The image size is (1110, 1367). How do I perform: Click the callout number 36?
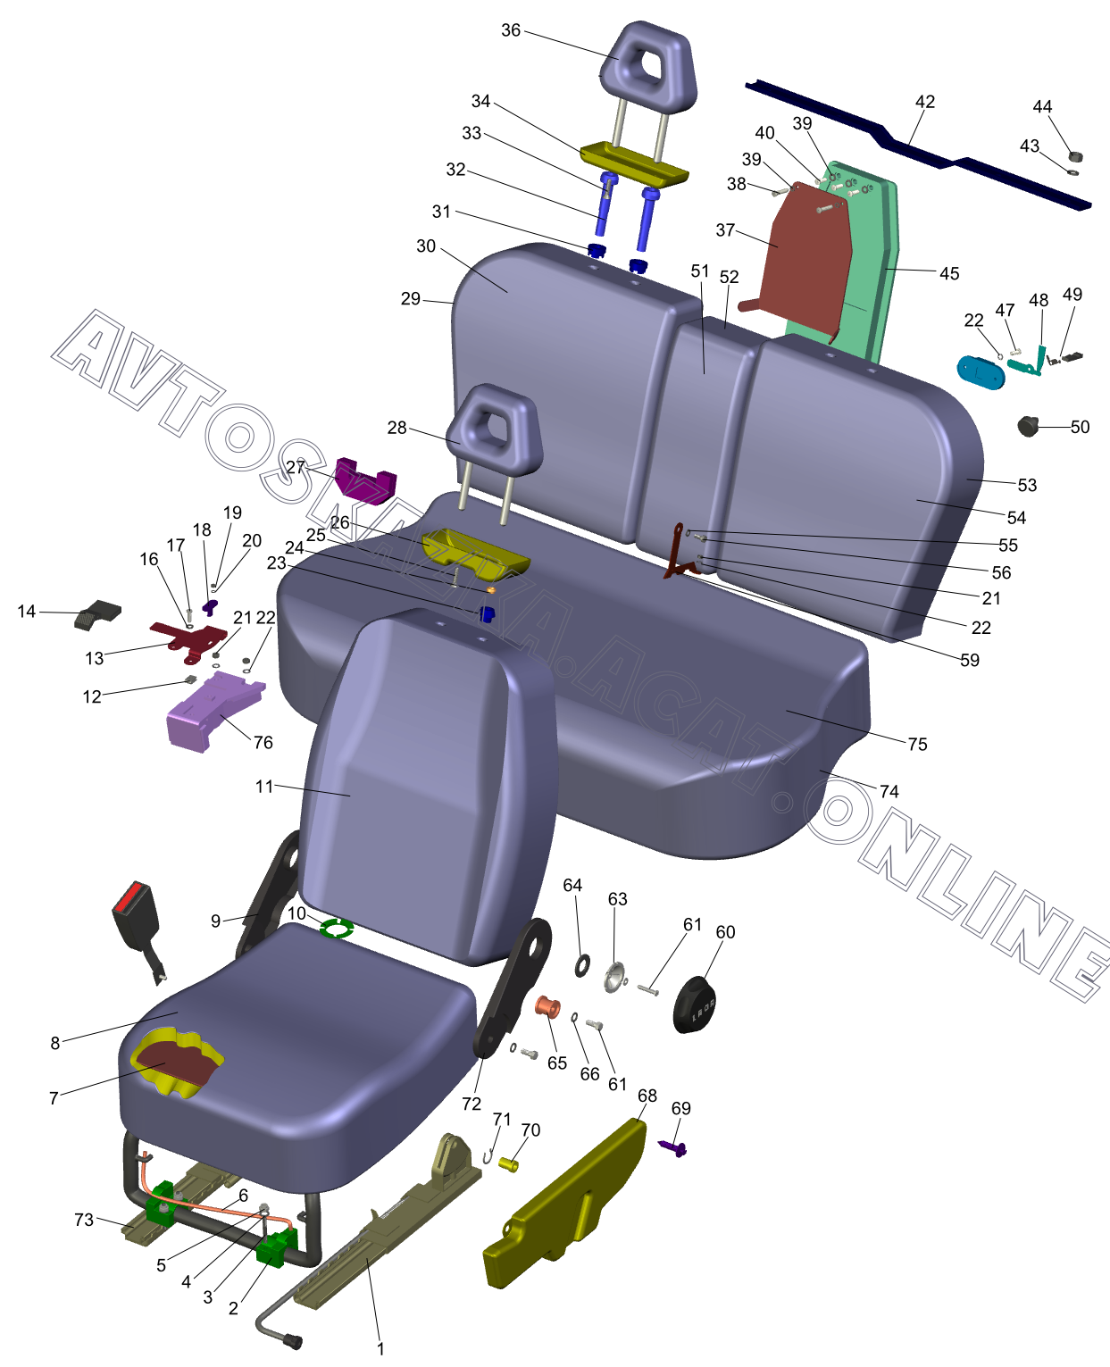click(x=510, y=30)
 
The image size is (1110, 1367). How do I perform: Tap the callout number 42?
click(x=924, y=102)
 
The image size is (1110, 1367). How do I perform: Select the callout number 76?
click(x=263, y=742)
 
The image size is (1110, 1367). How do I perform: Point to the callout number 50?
click(x=1080, y=427)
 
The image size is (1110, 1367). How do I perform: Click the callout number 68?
click(x=647, y=1096)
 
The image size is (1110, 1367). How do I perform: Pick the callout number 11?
click(x=263, y=786)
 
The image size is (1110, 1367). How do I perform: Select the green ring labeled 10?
click(x=337, y=929)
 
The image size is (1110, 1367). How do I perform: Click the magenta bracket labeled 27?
click(x=364, y=481)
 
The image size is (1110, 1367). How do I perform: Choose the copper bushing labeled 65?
click(x=547, y=1007)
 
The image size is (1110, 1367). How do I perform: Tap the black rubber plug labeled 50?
click(x=1030, y=426)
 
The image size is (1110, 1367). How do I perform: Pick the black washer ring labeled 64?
click(x=581, y=964)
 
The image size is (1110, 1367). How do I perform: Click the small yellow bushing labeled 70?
click(x=508, y=1163)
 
